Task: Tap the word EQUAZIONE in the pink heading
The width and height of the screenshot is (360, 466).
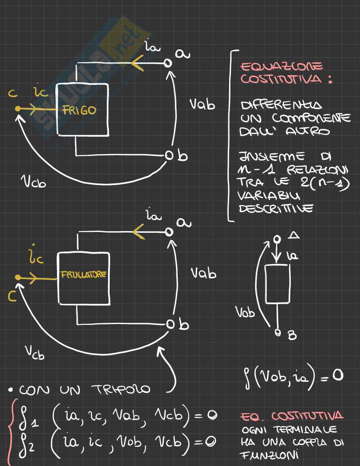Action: click(282, 67)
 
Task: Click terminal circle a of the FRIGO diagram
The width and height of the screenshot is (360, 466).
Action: click(168, 63)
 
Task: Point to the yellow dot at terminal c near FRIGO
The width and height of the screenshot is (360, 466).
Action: click(17, 109)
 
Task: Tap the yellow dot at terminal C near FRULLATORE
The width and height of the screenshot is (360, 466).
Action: click(17, 278)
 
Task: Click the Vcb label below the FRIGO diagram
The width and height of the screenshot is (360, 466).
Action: click(33, 182)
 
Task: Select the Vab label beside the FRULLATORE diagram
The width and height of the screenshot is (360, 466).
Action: click(203, 273)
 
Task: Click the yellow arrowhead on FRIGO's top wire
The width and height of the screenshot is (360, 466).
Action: click(137, 63)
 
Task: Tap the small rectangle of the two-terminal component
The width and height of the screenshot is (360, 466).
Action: click(277, 284)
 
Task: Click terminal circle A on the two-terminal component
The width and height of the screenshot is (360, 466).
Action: click(277, 240)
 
